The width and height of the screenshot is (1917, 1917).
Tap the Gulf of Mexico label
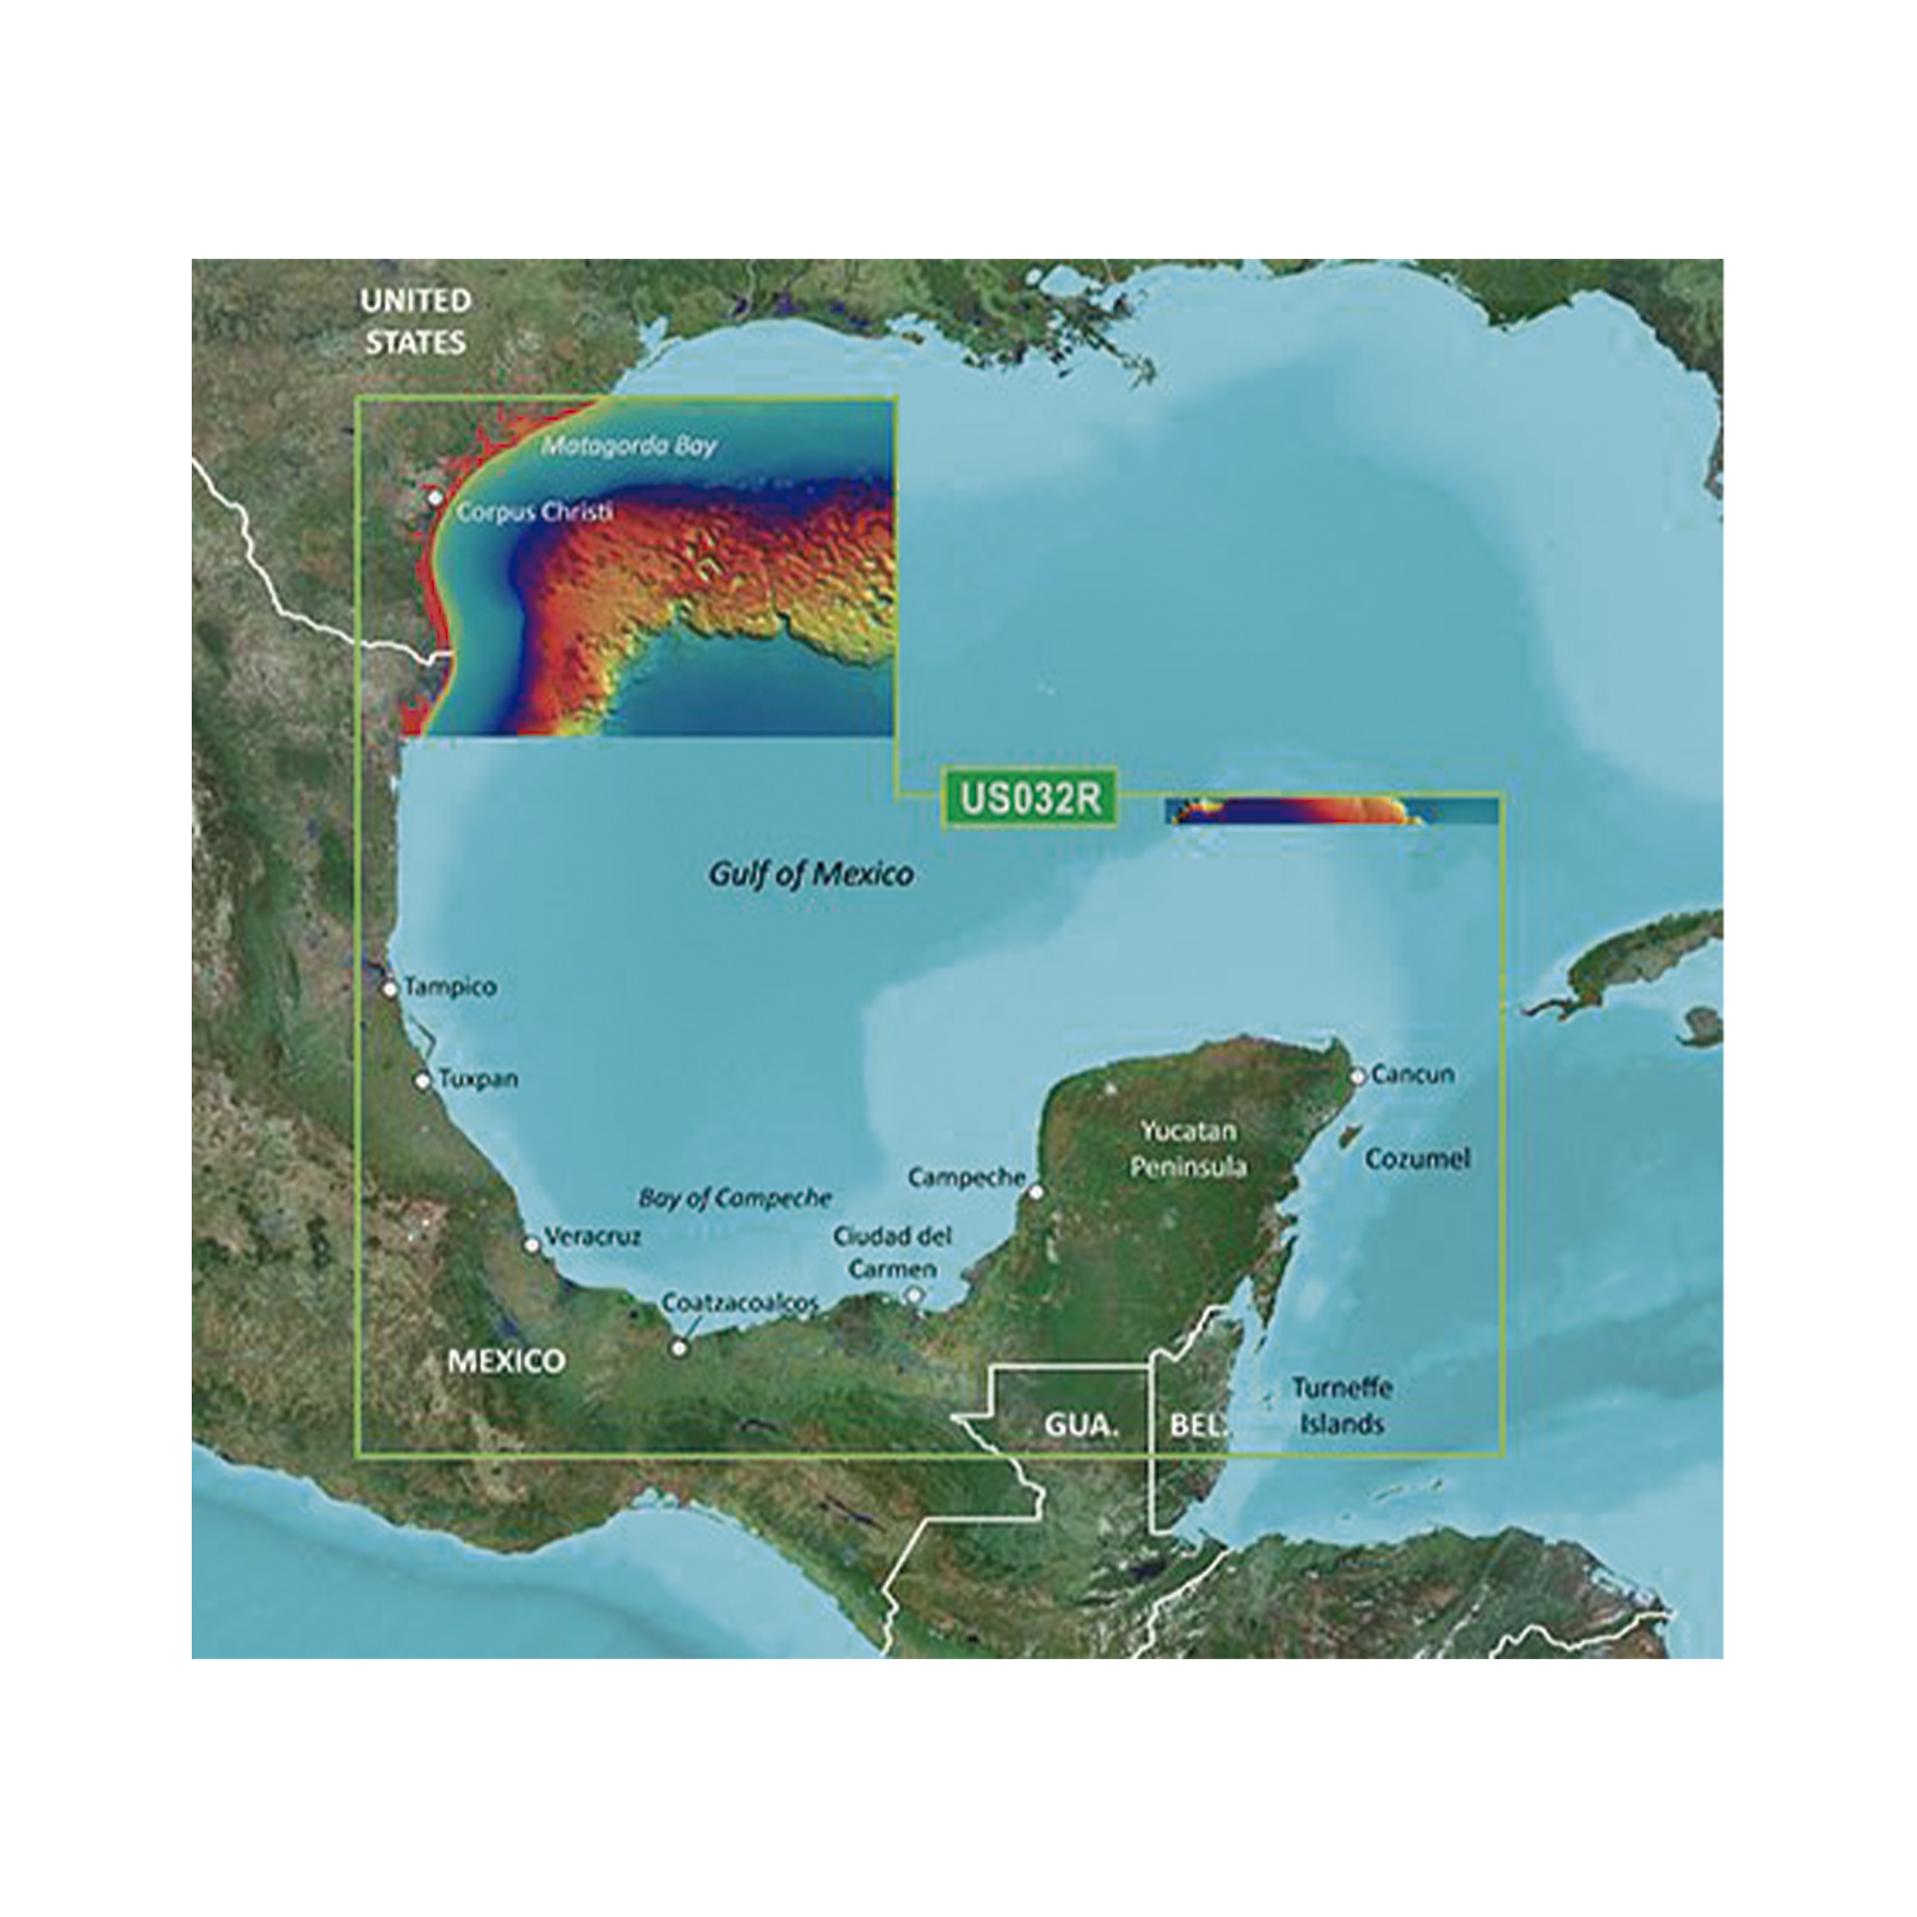pyautogui.click(x=811, y=874)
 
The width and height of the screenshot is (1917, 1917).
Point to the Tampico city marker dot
pyautogui.click(x=391, y=988)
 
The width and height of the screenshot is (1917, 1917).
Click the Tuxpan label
pyautogui.click(x=478, y=1078)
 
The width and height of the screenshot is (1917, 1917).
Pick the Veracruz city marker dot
pyautogui.click(x=532, y=1244)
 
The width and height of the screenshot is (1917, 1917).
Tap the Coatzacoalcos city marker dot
pyautogui.click(x=680, y=1348)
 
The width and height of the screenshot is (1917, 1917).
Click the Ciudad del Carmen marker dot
pyautogui.click(x=913, y=1294)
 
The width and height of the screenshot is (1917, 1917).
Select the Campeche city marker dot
pyautogui.click(x=1036, y=1191)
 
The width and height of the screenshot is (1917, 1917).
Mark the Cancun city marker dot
pyautogui.click(x=1357, y=1075)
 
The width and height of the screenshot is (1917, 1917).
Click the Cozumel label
pyautogui.click(x=1417, y=1159)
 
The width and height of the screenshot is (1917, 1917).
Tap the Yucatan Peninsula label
pyautogui.click(x=1188, y=1148)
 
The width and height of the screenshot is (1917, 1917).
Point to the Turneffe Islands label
pyautogui.click(x=1342, y=1405)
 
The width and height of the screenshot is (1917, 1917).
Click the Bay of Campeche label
pyautogui.click(x=734, y=1197)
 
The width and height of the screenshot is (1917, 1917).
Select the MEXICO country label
pyautogui.click(x=506, y=1360)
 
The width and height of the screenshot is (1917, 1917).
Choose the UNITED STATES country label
pyautogui.click(x=415, y=321)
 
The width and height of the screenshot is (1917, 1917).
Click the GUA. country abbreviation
pyautogui.click(x=1080, y=1426)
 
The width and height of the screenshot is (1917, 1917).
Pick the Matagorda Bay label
pyautogui.click(x=629, y=446)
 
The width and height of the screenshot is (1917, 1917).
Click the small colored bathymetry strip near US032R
pyautogui.click(x=1329, y=812)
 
